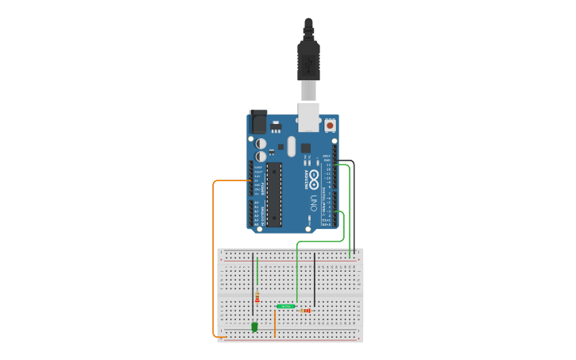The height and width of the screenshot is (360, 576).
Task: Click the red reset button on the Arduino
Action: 330,126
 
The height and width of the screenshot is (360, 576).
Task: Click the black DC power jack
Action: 258,122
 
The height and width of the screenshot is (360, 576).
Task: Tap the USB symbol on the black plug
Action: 308,60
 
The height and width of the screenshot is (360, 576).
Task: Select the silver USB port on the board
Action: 308,116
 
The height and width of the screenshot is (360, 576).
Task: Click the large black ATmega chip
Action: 274,194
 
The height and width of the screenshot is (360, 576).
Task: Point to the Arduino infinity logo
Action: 314,177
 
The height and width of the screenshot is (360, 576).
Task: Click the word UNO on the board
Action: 314,200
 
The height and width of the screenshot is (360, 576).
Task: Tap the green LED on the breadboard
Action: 254,326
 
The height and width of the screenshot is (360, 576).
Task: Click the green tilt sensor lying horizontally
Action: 285,306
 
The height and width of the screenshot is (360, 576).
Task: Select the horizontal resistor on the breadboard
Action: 306,311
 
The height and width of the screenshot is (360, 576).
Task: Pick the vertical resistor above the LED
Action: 257,297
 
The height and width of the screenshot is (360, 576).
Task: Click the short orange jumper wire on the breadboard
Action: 275,323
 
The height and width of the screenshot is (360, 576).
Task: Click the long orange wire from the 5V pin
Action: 214,254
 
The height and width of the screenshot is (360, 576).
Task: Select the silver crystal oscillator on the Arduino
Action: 292,146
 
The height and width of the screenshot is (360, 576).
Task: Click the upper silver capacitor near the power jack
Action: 261,144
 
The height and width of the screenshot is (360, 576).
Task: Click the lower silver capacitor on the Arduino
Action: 261,157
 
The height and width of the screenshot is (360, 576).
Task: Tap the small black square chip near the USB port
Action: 305,148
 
